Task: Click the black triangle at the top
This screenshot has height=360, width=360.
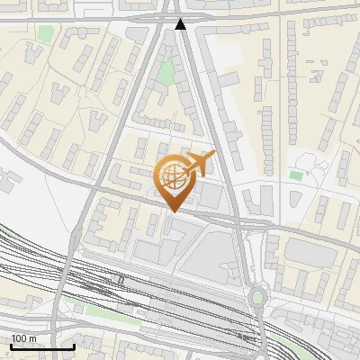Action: [182, 24]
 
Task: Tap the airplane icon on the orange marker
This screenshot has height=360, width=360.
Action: [198, 164]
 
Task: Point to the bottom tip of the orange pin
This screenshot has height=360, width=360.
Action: [171, 212]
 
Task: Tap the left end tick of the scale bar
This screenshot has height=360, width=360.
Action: [10, 346]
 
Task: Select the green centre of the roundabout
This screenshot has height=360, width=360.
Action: [257, 297]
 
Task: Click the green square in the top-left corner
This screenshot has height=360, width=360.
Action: [46, 33]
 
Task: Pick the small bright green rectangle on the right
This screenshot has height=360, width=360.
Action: [296, 175]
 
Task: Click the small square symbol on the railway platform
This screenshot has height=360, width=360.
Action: [121, 280]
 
